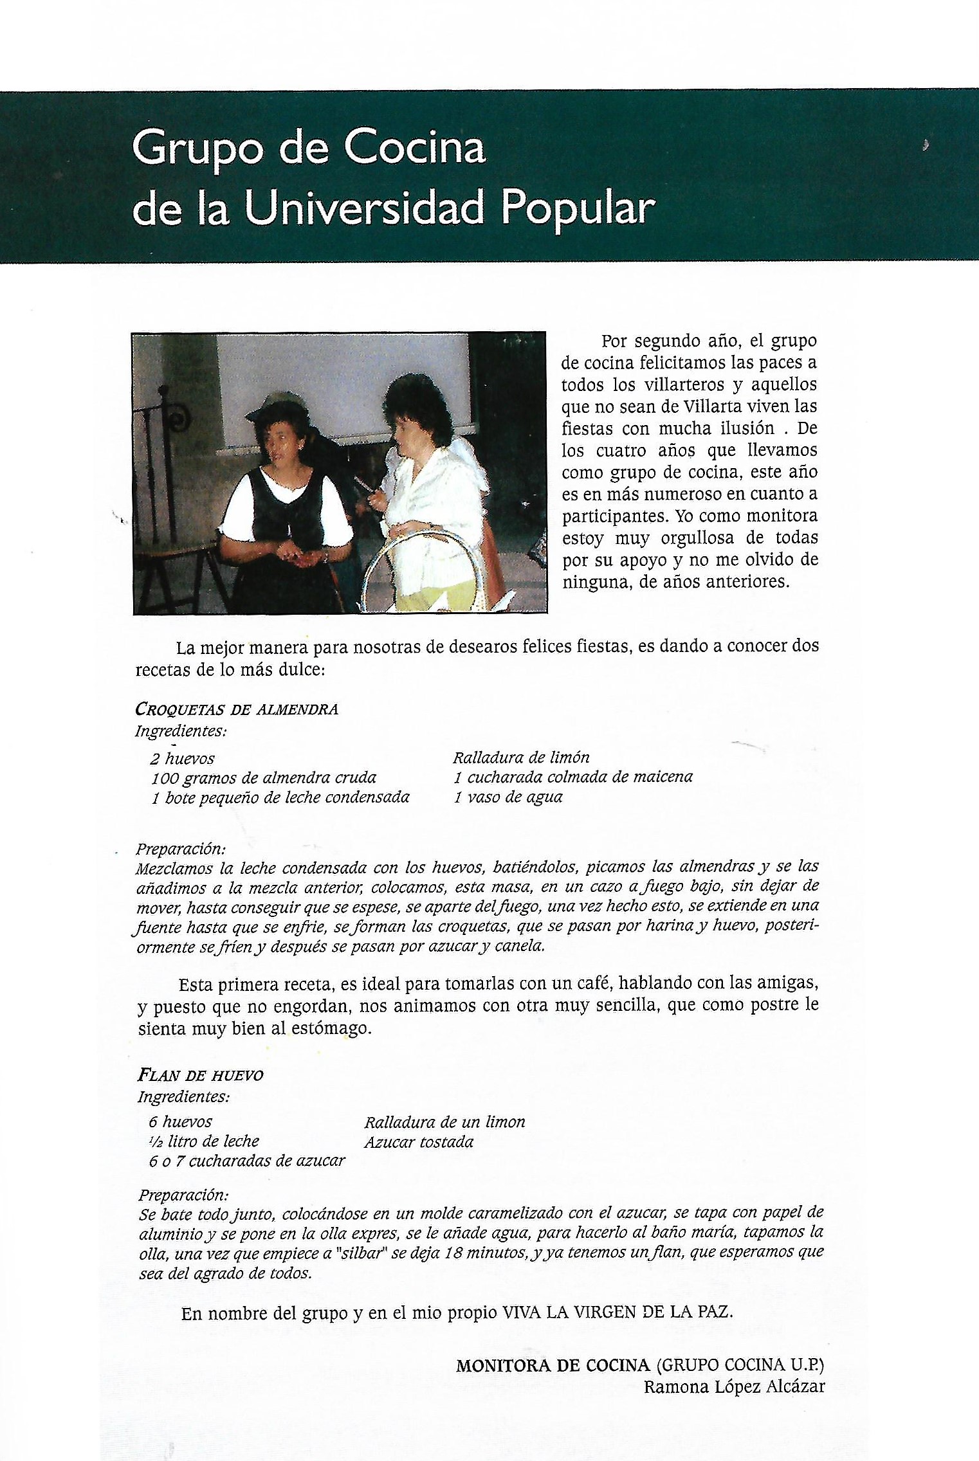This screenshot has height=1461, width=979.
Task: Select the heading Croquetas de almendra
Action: (x=237, y=709)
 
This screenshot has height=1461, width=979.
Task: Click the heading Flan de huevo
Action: (x=201, y=1075)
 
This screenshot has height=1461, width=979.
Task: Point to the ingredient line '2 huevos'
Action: (x=183, y=758)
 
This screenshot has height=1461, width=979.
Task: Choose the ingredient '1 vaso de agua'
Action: (x=508, y=797)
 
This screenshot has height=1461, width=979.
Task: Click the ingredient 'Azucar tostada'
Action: (x=419, y=1142)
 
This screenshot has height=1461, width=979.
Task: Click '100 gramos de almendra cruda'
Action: (x=264, y=778)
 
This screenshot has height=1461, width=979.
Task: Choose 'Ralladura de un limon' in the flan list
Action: (x=444, y=1122)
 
